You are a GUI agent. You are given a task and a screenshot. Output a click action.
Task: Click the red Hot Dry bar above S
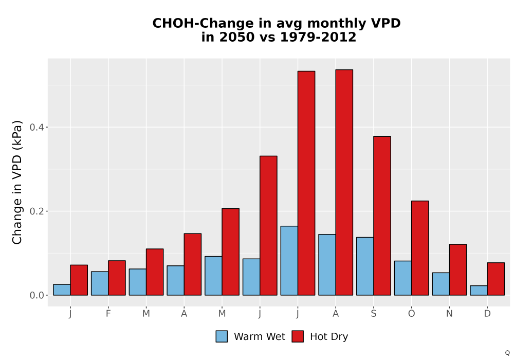382,215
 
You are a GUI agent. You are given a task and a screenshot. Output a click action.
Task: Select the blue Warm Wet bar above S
365,266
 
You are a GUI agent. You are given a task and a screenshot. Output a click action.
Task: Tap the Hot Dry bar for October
420,248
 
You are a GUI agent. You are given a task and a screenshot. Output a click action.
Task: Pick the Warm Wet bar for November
441,284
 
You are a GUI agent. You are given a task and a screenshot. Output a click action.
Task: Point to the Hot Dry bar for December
496,279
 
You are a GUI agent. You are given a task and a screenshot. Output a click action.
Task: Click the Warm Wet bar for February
100,283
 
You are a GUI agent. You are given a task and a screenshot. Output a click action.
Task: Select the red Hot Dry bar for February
117,278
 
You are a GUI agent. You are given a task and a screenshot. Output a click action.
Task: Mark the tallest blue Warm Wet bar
289,261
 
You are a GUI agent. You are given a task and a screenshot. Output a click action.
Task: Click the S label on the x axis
374,314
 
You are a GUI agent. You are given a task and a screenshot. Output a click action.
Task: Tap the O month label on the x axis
411,314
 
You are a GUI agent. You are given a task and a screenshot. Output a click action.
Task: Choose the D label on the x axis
487,314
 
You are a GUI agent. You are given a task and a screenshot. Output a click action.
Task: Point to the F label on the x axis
108,314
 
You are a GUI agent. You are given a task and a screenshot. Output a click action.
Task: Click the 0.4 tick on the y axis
37,127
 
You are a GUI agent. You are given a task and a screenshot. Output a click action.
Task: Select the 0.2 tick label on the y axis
37,211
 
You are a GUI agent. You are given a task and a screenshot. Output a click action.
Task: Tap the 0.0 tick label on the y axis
37,295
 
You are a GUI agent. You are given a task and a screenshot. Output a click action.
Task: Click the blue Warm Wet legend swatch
222,336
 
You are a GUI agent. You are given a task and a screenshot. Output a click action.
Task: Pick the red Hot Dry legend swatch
298,336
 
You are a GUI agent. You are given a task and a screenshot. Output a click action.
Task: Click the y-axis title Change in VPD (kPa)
17,182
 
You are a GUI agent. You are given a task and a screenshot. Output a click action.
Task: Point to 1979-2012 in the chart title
318,37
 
